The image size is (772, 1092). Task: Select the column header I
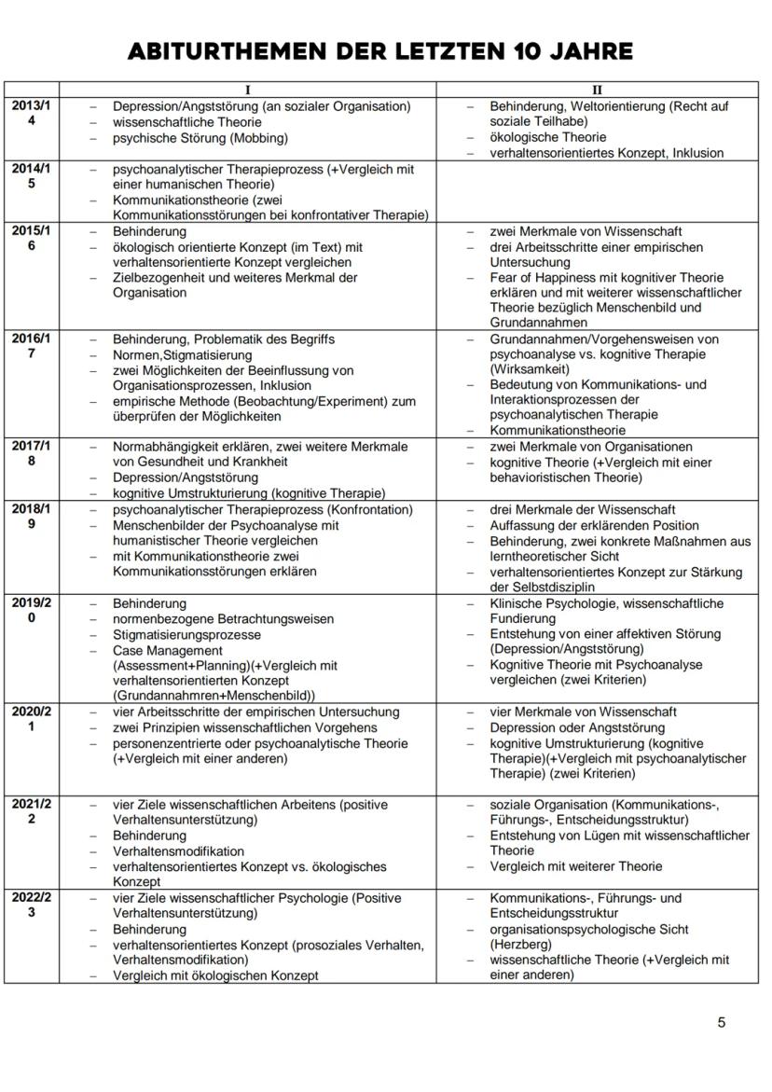point(247,90)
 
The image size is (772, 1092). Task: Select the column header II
point(598,90)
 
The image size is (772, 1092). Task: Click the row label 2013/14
point(31,114)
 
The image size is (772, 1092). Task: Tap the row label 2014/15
point(31,177)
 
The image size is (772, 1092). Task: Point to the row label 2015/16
point(31,239)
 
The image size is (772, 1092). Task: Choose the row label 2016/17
point(31,347)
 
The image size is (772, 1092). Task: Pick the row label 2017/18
point(31,454)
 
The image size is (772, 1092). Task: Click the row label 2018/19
point(31,518)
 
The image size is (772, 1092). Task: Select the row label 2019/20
point(31,611)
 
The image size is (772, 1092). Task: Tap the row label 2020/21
point(31,719)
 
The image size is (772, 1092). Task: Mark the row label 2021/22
point(31,812)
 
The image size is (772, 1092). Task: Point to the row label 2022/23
point(31,905)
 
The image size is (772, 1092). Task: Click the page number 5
point(721,1022)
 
